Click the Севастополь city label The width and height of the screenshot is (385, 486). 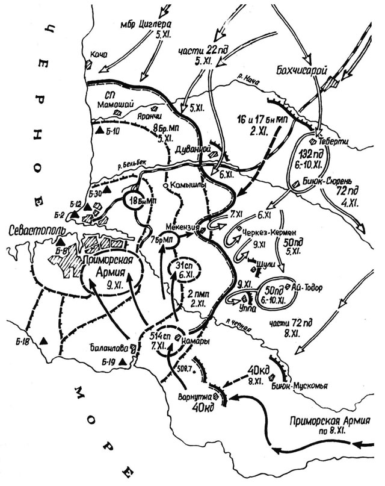click(37, 232)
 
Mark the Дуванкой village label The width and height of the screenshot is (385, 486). click(192, 148)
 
